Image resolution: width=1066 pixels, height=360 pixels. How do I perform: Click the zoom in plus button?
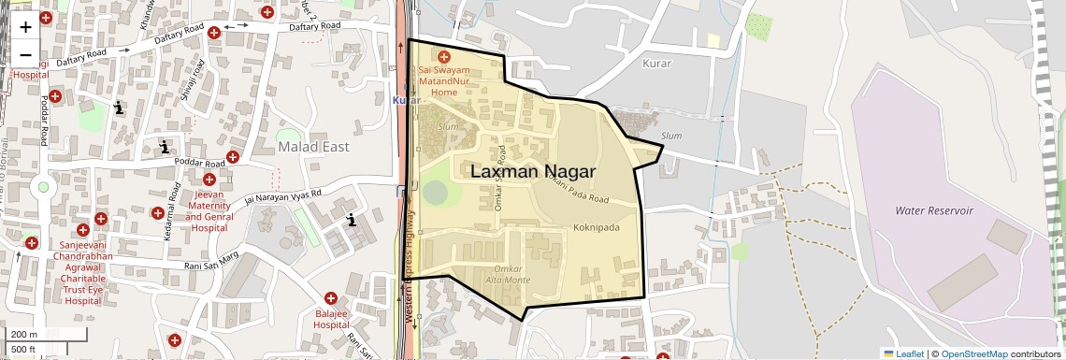[x=25, y=26]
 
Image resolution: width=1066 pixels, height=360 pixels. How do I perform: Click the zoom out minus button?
[x=25, y=54]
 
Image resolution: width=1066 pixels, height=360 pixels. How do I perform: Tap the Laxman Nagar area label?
[x=532, y=171]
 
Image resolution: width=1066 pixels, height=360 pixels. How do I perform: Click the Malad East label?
[x=313, y=147]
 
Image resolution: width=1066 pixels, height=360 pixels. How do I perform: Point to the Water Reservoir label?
[x=933, y=211]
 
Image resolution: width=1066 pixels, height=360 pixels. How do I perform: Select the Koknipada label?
[x=596, y=227]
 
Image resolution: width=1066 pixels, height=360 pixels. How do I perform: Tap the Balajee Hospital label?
[x=332, y=319]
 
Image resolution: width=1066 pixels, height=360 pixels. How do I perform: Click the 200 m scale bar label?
[x=24, y=334]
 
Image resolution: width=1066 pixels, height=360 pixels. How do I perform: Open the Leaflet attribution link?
[x=903, y=353]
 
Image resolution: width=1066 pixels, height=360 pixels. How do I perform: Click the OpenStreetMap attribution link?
[x=973, y=353]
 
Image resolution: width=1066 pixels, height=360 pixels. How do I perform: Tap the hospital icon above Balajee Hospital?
[x=331, y=297]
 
